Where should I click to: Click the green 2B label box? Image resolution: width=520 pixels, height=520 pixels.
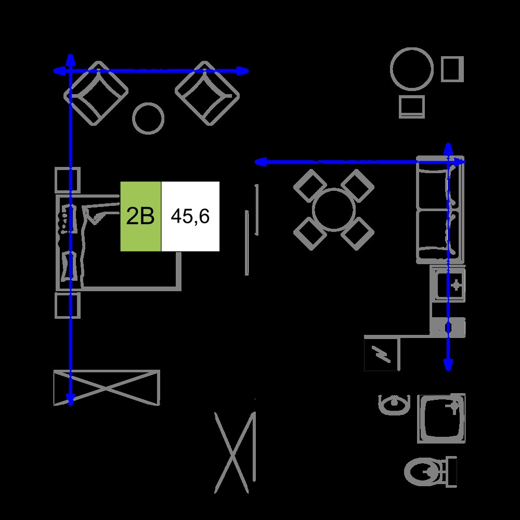coord(140,216)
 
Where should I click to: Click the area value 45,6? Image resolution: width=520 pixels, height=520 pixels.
coord(190,216)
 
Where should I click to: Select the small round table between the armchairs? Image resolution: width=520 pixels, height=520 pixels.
coord(148,119)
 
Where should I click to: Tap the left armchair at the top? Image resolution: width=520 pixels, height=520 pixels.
coord(96,94)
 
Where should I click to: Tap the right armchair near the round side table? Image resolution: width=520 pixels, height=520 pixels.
coord(207,94)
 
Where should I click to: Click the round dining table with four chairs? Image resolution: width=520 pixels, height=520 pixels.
coord(334,210)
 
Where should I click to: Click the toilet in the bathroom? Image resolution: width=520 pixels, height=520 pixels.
coord(431,472)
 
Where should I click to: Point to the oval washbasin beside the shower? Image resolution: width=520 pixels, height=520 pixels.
coord(394,405)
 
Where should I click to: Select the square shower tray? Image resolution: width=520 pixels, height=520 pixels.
coord(441,418)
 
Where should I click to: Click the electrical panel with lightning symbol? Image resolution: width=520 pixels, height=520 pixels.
coord(382,353)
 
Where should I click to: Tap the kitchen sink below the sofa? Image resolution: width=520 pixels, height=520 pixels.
coord(448,284)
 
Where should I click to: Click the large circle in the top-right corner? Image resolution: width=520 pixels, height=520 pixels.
coord(412,69)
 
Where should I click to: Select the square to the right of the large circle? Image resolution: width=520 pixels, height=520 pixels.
coord(452,69)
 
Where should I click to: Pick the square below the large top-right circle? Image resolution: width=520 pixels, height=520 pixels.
coord(412,107)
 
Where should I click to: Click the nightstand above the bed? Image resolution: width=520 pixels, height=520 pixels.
coord(68,180)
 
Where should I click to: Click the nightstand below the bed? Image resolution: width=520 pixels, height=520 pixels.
coord(68,305)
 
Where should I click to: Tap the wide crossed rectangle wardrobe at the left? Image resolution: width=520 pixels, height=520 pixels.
coord(107,388)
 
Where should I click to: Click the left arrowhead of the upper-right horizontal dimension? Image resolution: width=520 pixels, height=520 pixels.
coord(260,162)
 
